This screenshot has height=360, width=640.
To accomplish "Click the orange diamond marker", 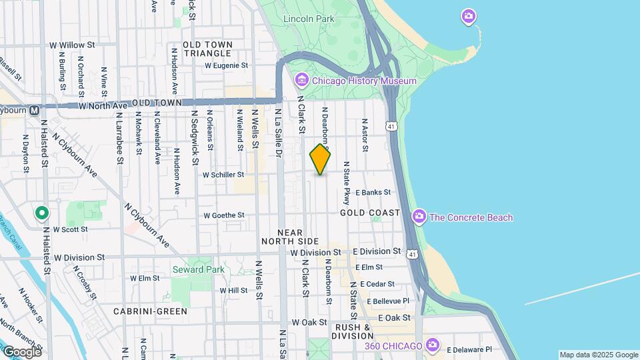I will coord(321,160).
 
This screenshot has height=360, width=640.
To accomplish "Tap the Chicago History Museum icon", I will coord(301,81).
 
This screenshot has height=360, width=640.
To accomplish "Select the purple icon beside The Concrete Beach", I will coord(419,217).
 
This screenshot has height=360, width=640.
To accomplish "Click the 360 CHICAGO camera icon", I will coord(433,345).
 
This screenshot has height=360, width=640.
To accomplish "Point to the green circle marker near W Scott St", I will coord(42,213).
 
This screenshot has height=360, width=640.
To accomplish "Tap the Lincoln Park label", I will coord(309,19).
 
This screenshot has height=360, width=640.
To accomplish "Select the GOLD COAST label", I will coord(370,213).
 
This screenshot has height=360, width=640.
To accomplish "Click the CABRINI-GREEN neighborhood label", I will coord(150,311).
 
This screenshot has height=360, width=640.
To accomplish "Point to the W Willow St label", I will coord(72,45).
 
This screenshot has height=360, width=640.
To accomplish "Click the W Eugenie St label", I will coord(226,65).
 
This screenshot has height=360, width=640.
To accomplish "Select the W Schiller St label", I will coord(223,175).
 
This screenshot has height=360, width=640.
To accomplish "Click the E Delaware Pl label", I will coord(469,349).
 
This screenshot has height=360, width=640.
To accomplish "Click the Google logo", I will coord(21,352).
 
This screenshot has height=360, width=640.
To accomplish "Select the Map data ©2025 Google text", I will coord(598,355).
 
